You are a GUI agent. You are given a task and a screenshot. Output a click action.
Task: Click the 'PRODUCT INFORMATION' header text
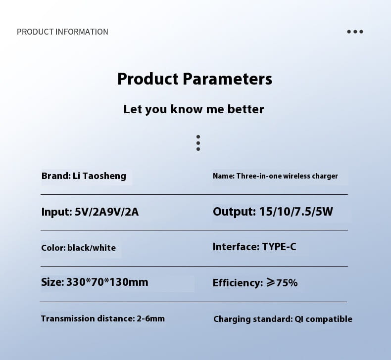(62, 32)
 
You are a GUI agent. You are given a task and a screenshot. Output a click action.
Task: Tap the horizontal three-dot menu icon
(355, 32)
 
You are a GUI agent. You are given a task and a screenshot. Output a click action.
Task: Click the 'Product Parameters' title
(195, 79)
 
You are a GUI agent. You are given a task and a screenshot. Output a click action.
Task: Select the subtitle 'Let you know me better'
(194, 109)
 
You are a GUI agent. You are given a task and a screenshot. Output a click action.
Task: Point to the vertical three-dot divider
(198, 142)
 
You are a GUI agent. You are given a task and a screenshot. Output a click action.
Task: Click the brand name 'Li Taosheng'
(99, 176)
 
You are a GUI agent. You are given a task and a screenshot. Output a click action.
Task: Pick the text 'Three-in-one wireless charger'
(287, 176)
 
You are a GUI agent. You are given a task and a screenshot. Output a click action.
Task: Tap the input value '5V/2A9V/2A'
(107, 212)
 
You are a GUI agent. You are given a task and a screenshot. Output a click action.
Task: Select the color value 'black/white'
(92, 248)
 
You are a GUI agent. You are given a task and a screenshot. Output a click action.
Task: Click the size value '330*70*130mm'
(107, 282)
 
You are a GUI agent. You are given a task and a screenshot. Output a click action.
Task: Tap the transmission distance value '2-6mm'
(150, 318)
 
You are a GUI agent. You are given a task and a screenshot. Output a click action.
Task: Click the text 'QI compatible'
(324, 319)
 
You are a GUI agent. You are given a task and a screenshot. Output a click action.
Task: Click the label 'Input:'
(56, 212)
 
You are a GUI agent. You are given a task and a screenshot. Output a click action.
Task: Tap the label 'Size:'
(52, 282)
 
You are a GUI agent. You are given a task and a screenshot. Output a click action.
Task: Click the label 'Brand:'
(55, 176)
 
